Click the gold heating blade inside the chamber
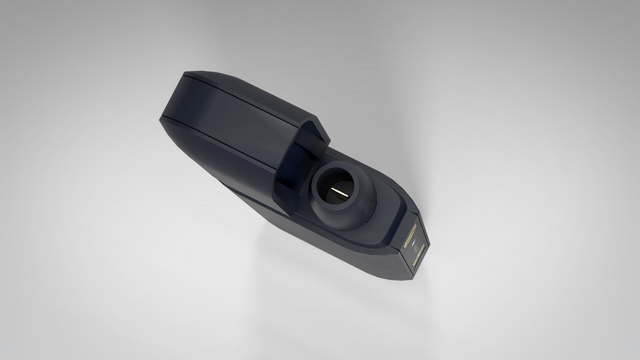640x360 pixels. coord(341,193)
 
